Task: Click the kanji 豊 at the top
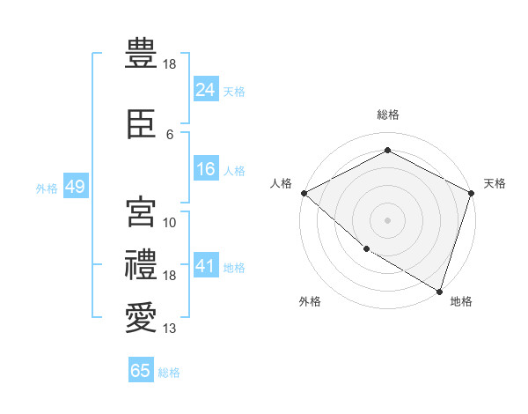pyautogui.click(x=141, y=53)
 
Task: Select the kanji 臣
pyautogui.click(x=141, y=123)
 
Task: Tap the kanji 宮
pyautogui.click(x=141, y=211)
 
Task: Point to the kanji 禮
pyautogui.click(x=141, y=264)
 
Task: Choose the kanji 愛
pyautogui.click(x=141, y=317)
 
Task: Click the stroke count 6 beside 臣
pyautogui.click(x=170, y=135)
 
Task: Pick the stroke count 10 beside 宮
pyautogui.click(x=169, y=223)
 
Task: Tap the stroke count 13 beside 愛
pyautogui.click(x=169, y=328)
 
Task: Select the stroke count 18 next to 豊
pyautogui.click(x=169, y=64)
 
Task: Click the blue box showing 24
pyautogui.click(x=206, y=89)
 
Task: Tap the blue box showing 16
pyautogui.click(x=206, y=168)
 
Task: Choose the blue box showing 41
pyautogui.click(x=206, y=264)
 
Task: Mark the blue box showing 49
pyautogui.click(x=76, y=186)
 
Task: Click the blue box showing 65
pyautogui.click(x=141, y=369)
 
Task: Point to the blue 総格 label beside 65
pyautogui.click(x=169, y=373)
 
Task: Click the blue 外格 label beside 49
pyautogui.click(x=47, y=189)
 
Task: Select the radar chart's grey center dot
pyautogui.click(x=387, y=220)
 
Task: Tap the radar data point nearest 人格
pyautogui.click(x=304, y=193)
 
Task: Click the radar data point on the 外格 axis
pyautogui.click(x=367, y=249)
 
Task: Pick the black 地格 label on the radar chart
pyautogui.click(x=461, y=301)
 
